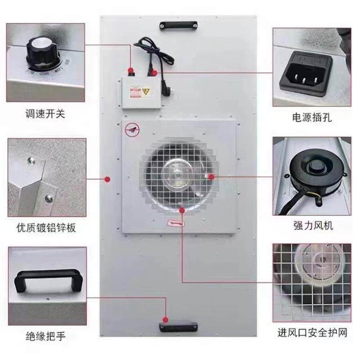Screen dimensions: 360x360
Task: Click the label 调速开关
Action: click(45, 114)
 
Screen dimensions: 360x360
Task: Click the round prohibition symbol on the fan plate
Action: click(131, 129)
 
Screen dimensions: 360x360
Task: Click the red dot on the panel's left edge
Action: click(107, 180)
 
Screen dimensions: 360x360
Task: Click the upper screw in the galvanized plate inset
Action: click(30, 160)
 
